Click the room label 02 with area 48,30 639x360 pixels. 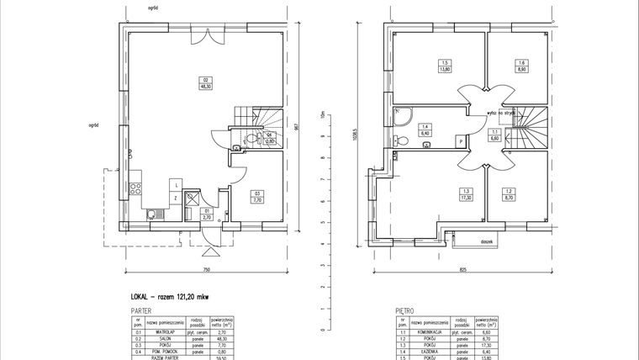pos(203,82)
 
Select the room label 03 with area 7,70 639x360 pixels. pos(258,198)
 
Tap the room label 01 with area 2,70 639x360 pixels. pos(206,213)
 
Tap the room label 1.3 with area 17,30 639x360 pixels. pos(465,195)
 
